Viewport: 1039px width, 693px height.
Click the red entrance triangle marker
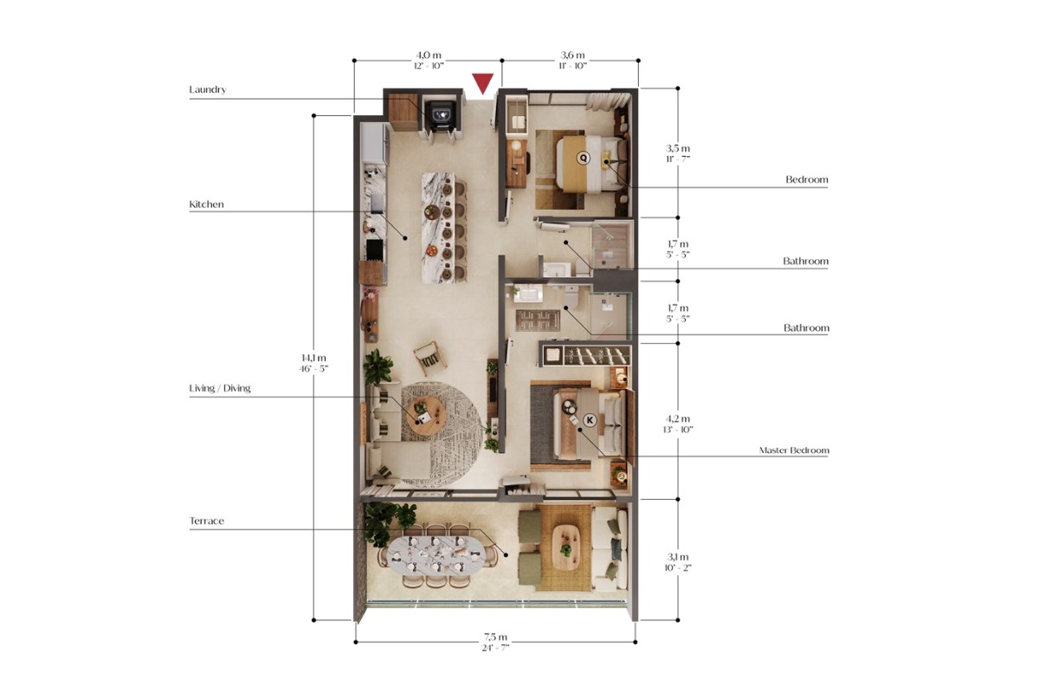[x=482, y=83]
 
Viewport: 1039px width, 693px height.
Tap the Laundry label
[x=207, y=89]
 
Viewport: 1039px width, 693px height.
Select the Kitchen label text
[x=206, y=204]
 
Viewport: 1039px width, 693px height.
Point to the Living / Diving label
[x=220, y=388]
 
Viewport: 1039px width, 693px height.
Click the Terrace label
[x=206, y=521]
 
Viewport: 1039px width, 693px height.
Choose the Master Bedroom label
[x=794, y=450]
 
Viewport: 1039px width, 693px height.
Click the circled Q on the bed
[x=583, y=158]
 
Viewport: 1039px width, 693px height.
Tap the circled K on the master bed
[x=590, y=420]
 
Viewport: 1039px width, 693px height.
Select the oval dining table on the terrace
[x=436, y=555]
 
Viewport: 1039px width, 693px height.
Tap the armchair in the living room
[x=430, y=359]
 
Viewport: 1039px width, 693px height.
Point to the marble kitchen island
[x=437, y=228]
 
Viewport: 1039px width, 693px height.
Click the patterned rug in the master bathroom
[x=538, y=321]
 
